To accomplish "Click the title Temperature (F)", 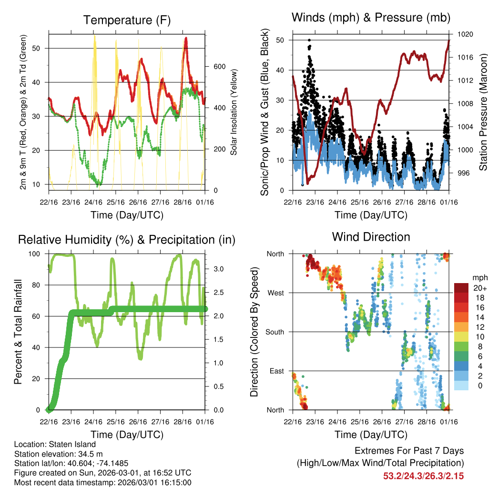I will tap(127, 20).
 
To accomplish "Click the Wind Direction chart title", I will tap(371, 236).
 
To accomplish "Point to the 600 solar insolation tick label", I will tap(219, 66).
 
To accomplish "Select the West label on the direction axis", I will tap(275, 293).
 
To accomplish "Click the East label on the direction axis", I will tap(276, 371).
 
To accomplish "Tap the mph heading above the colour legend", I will tap(479, 277).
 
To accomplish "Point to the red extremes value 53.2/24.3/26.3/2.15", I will tap(423, 476).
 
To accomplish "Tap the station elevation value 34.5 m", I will tap(83, 454).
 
